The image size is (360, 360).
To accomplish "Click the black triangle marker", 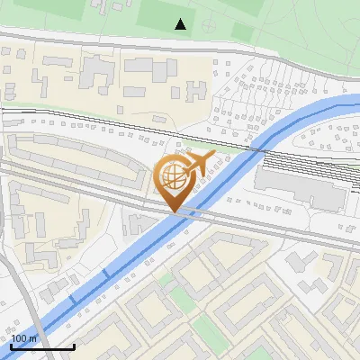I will click(181, 23).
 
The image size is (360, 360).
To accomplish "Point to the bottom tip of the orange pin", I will click(173, 211).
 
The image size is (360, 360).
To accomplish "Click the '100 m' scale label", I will click(23, 339).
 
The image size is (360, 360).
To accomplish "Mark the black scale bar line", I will click(42, 346).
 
